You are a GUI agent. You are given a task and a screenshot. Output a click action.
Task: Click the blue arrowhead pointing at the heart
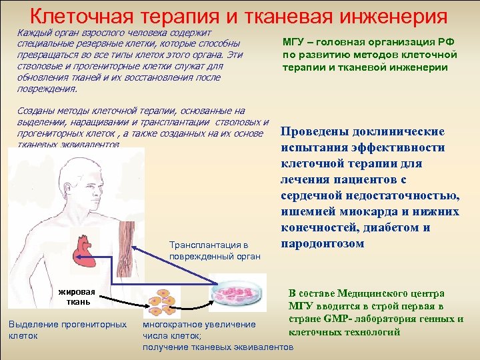[x=109, y=252]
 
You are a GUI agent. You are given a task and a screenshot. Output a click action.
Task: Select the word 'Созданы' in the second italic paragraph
[x=31, y=111]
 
